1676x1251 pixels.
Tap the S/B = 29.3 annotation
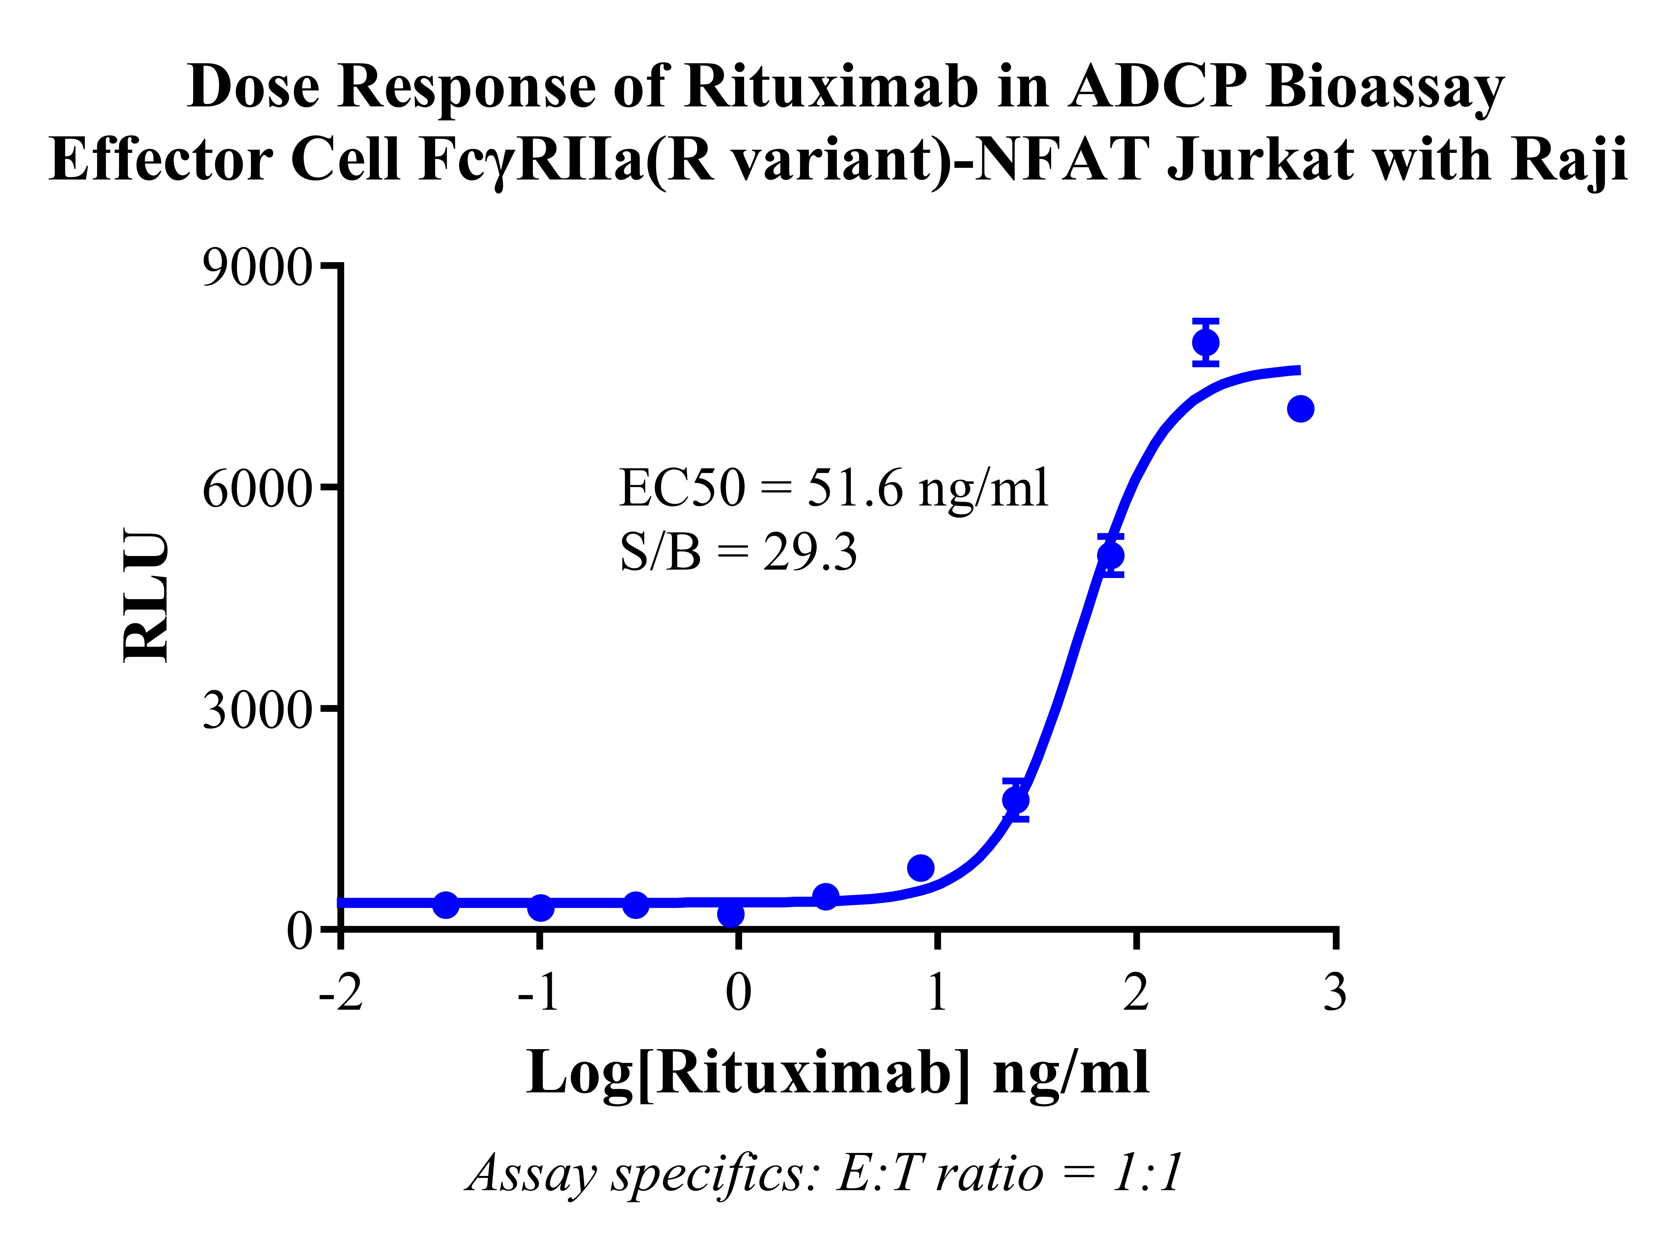(x=738, y=552)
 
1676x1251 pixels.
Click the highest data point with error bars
(x=1206, y=342)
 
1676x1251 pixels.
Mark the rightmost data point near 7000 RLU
(x=1300, y=409)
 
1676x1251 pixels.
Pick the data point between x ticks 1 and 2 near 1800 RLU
(x=1016, y=800)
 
